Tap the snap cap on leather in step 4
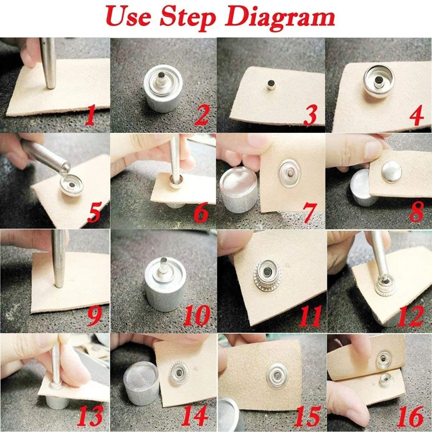(x=378, y=80)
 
